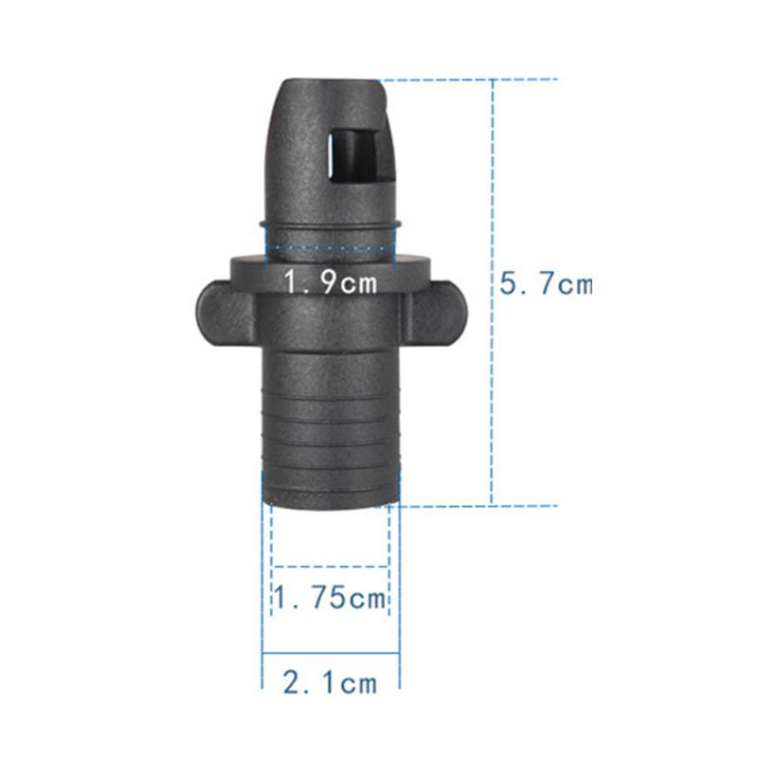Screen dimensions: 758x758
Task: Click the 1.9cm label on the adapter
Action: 329,281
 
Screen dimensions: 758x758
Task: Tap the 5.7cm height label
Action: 545,284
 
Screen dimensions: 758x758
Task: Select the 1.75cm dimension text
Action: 331,599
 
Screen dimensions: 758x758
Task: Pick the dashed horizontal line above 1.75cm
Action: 331,567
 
